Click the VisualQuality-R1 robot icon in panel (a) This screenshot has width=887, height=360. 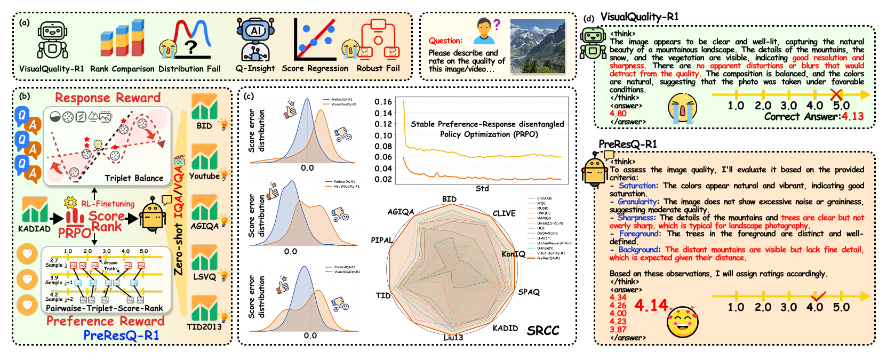(52, 41)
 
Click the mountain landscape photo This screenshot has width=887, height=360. (537, 46)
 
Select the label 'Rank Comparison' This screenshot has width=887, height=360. (122, 69)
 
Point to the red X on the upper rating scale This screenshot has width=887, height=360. (836, 95)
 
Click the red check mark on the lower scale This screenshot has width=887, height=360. (818, 296)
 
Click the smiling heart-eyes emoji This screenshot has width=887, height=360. (682, 322)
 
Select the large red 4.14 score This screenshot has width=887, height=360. (651, 305)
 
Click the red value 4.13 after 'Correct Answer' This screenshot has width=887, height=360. (852, 116)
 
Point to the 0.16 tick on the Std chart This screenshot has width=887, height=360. (383, 102)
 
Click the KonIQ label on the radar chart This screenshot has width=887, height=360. (513, 254)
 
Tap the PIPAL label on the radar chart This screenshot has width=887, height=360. (381, 240)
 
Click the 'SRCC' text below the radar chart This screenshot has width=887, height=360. (543, 331)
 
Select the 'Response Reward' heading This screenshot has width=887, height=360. (108, 98)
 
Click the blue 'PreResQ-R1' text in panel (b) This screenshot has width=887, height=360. (121, 335)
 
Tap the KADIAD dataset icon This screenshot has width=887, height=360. (35, 210)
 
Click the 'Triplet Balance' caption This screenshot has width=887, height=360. (134, 178)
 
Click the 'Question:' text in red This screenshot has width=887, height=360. (445, 41)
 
